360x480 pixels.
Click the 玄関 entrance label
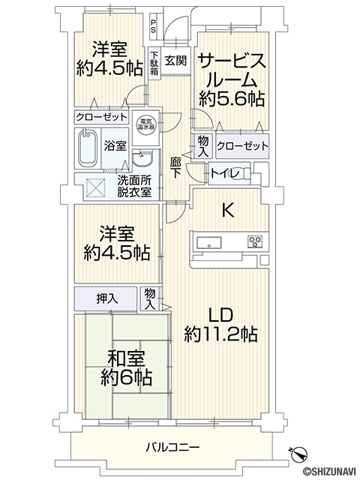[x=175, y=60]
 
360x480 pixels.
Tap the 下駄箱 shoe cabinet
[x=154, y=64]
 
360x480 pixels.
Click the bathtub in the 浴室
[x=88, y=148]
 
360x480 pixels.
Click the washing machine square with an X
[x=97, y=187]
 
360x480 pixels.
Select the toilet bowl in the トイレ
[x=241, y=174]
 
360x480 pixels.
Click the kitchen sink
[x=209, y=242]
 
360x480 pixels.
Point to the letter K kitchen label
[x=228, y=210]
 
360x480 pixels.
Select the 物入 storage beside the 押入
[x=150, y=298]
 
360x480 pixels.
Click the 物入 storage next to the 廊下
[x=203, y=146]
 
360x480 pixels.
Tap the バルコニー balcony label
[x=172, y=447]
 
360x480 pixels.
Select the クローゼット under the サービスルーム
[x=242, y=145]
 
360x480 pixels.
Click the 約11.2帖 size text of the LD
[x=220, y=334]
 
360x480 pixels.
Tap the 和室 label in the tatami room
[x=126, y=358]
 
